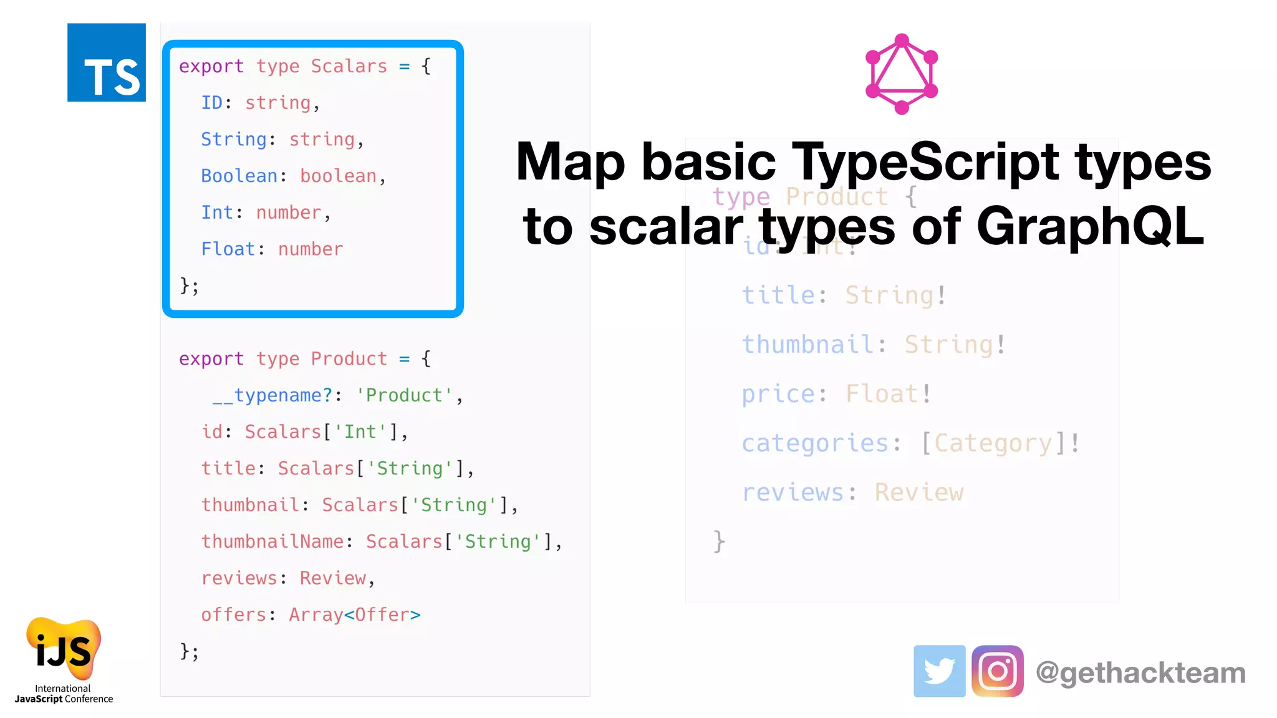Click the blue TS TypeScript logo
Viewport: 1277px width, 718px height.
coord(107,62)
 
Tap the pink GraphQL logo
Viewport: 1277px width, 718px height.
coord(902,74)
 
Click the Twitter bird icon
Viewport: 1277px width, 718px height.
coord(939,671)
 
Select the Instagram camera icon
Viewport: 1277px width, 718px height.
coord(997,671)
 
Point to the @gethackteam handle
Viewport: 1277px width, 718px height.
coord(1140,673)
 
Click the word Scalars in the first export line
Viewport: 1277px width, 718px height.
coord(349,66)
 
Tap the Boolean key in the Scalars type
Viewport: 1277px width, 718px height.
coord(239,176)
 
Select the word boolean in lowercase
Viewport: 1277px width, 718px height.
coord(339,176)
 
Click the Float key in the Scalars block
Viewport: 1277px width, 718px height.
coord(228,249)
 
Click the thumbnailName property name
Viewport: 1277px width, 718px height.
coord(272,542)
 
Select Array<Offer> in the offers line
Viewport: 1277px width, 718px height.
coord(354,615)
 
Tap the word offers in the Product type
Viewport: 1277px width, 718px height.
coord(234,615)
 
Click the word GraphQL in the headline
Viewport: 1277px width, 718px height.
coord(1090,226)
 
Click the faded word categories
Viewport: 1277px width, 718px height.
coord(815,443)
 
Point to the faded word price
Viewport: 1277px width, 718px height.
coord(778,394)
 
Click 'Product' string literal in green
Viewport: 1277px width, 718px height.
coord(404,395)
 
